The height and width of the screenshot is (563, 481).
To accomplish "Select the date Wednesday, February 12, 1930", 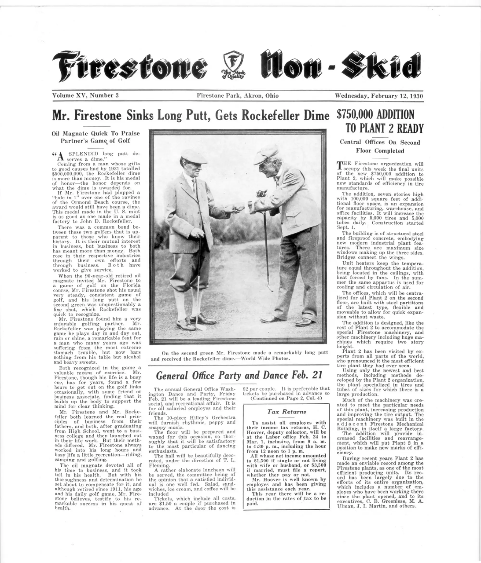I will pos(379,96).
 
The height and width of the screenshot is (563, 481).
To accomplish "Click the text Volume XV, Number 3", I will pos(85,95).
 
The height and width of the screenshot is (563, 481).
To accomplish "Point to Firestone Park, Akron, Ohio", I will pos(238,96).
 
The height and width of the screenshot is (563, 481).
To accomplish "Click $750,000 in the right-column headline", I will pos(354,114).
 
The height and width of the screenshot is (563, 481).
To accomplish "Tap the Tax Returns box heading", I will pos(286,412).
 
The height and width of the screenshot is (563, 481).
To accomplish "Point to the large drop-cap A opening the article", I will pos(61,156).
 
